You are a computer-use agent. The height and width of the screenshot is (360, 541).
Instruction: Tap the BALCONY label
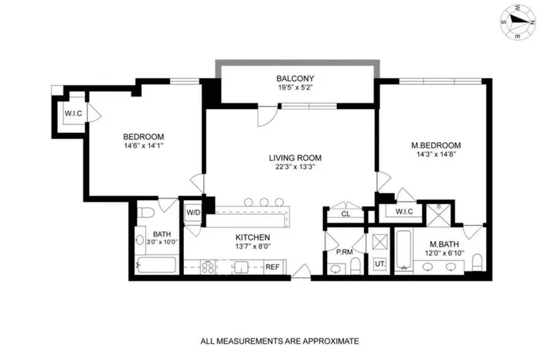[x=295, y=79]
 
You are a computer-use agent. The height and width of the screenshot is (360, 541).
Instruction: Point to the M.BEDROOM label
[x=436, y=145]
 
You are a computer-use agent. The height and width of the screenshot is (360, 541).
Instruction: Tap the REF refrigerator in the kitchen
[x=272, y=267]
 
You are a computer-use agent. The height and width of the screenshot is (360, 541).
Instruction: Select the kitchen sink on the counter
[x=240, y=267]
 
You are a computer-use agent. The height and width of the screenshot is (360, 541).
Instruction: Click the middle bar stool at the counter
[x=264, y=202]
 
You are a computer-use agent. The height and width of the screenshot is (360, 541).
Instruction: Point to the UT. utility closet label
[x=379, y=264]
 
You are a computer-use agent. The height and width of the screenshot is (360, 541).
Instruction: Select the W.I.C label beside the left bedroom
[x=73, y=114]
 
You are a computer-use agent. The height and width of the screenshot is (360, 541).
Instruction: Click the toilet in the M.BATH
[x=477, y=263]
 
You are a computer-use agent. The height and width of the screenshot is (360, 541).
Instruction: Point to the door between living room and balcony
[x=267, y=116]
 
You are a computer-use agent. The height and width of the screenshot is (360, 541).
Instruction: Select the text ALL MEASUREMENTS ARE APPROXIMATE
[x=279, y=341]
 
